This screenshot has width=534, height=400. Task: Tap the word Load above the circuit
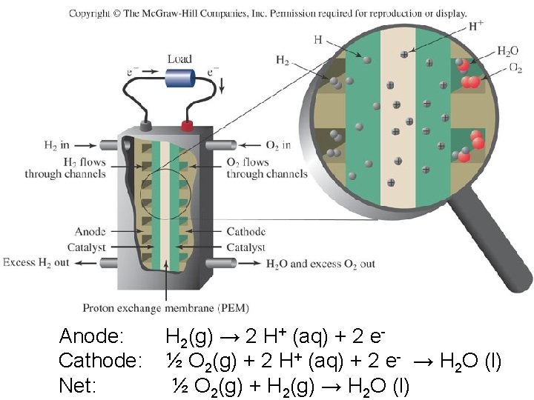click(179, 59)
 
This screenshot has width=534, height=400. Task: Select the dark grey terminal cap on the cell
click(146, 124)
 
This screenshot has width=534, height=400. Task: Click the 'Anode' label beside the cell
click(90, 231)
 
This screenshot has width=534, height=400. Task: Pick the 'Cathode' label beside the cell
click(245, 231)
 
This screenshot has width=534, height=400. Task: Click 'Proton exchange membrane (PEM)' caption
click(165, 307)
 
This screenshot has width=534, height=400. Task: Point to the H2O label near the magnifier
click(508, 51)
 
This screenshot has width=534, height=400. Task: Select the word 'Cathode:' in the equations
click(100, 361)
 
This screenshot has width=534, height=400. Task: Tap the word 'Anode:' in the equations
click(91, 336)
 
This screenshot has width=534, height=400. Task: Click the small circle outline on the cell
click(165, 195)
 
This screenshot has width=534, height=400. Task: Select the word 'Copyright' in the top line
click(90, 13)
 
